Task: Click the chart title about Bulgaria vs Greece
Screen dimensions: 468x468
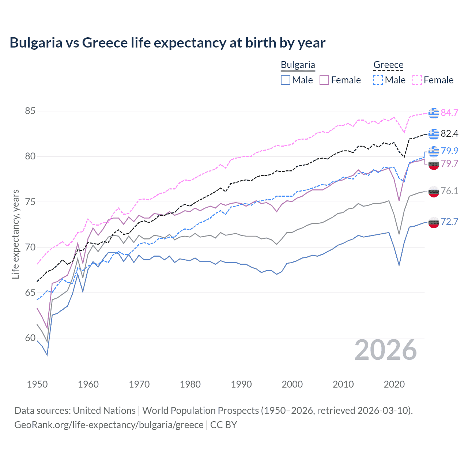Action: pyautogui.click(x=167, y=43)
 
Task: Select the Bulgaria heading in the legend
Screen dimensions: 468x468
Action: pyautogui.click(x=298, y=65)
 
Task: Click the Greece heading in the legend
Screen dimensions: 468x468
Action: pyautogui.click(x=388, y=65)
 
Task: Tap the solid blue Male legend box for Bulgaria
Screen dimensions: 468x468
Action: pyautogui.click(x=286, y=80)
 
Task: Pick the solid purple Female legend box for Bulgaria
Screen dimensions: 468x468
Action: pyautogui.click(x=324, y=80)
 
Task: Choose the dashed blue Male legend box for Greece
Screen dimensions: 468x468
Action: pyautogui.click(x=378, y=80)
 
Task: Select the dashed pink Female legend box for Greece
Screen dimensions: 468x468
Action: pyautogui.click(x=417, y=80)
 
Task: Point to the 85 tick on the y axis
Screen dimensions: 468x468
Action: pyautogui.click(x=30, y=111)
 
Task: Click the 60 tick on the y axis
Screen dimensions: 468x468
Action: pyautogui.click(x=30, y=338)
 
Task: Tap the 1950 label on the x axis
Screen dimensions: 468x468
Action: pyautogui.click(x=37, y=384)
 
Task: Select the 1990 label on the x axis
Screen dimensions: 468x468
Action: pyautogui.click(x=241, y=384)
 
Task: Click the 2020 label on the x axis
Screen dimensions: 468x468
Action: pyautogui.click(x=394, y=384)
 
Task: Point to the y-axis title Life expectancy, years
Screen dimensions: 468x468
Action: pyautogui.click(x=15, y=234)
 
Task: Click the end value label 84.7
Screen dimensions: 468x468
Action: pyautogui.click(x=449, y=113)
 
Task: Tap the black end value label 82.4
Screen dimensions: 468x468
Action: pyautogui.click(x=449, y=134)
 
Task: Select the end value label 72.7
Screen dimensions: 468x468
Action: pyautogui.click(x=449, y=222)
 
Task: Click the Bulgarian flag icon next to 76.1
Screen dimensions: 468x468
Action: pyautogui.click(x=434, y=191)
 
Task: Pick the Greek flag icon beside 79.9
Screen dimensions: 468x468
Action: pyautogui.click(x=434, y=151)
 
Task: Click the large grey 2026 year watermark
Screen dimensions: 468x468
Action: pyautogui.click(x=386, y=350)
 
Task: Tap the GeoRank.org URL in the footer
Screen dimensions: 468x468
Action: pyautogui.click(x=109, y=425)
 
